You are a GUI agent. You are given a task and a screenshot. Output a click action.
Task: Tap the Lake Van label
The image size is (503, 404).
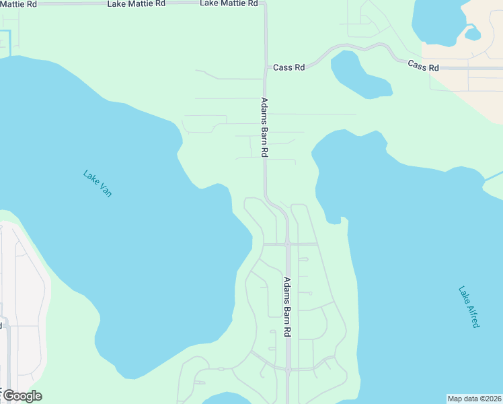(x=98, y=183)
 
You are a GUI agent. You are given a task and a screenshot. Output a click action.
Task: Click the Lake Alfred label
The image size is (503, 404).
(x=469, y=307)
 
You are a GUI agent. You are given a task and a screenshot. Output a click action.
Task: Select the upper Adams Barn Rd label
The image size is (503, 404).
(x=264, y=128)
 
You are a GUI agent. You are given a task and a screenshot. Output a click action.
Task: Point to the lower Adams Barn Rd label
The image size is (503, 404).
(x=287, y=306)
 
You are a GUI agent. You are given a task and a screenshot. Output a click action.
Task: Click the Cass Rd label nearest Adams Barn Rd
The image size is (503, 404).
(x=289, y=68)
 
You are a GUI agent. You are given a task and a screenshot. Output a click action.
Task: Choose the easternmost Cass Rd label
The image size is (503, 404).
(x=424, y=67)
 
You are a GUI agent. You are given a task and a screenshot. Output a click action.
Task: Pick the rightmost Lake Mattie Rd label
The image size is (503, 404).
(x=229, y=3)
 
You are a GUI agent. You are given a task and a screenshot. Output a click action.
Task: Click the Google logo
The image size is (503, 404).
(x=22, y=396)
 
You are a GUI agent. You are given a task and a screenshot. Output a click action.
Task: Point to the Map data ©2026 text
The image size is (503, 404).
(x=474, y=399)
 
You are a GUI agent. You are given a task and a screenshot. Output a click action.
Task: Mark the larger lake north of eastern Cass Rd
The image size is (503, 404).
(x=437, y=20)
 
